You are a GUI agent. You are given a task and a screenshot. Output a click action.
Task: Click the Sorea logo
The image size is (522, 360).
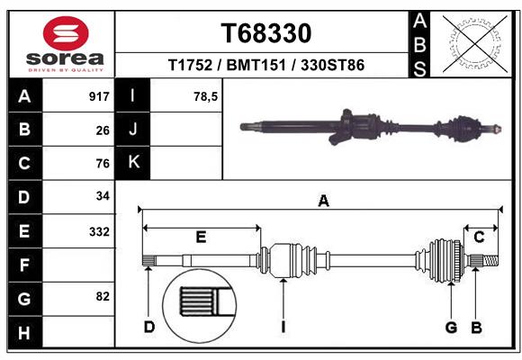point(66,43)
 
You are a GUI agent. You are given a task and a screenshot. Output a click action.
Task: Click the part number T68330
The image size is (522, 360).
point(266,33)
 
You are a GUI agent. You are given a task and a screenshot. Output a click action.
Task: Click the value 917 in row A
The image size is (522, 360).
point(99,96)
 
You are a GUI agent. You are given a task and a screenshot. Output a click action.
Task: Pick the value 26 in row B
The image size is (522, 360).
point(103,130)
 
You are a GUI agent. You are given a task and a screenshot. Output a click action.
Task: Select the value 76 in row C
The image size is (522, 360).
point(103,164)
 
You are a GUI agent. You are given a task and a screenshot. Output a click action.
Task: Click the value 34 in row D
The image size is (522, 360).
point(103,196)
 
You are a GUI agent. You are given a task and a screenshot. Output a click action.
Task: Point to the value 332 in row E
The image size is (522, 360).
point(99,231)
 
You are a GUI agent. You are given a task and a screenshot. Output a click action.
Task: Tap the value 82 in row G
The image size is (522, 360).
point(103,296)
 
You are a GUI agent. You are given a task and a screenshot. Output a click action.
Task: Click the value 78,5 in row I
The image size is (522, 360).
point(206,96)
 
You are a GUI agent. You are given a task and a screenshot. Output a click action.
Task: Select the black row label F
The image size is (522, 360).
point(24,265)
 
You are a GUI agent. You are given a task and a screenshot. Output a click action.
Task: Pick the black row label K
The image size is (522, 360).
point(133,163)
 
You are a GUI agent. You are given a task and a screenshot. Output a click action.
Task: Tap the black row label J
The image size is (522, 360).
point(133,130)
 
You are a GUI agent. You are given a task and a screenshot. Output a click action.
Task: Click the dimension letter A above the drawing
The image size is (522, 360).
point(323,202)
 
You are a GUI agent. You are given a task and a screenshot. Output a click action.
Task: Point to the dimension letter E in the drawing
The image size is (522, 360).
point(201,237)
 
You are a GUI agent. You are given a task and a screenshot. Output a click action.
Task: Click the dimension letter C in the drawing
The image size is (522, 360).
point(480,237)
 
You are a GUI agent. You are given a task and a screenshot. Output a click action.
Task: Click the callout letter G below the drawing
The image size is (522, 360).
point(451,326)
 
